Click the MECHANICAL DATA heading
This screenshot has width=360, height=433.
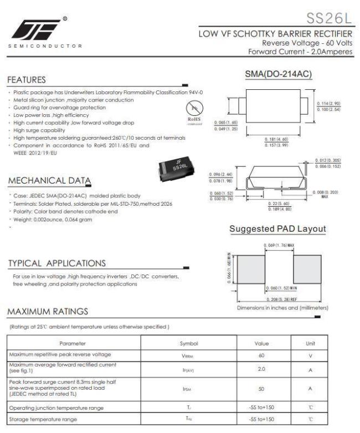click(50, 181)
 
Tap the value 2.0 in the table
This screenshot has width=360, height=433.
click(262, 368)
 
